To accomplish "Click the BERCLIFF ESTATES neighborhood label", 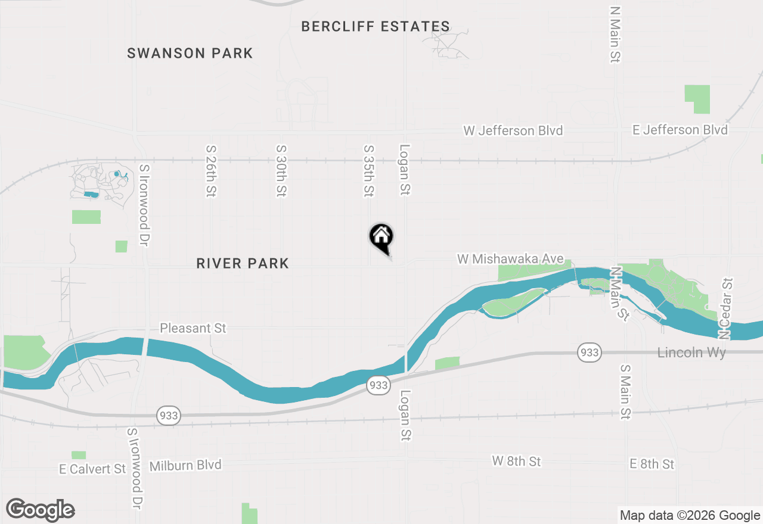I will (x=376, y=27).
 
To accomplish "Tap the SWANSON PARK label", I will (x=190, y=54).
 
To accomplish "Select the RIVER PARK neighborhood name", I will (x=243, y=263).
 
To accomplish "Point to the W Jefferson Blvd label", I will (x=513, y=130).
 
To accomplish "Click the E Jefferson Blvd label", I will (x=680, y=130).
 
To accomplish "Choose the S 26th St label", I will (x=210, y=171).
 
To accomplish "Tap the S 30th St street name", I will (x=281, y=171).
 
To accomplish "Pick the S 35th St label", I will (x=369, y=171).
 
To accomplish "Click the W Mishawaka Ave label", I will (x=510, y=259).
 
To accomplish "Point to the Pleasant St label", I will (x=193, y=328).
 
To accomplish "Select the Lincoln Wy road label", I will (x=691, y=353).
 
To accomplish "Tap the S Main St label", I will (x=625, y=392).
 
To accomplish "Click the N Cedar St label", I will (x=725, y=308).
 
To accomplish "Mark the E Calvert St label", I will (x=92, y=469).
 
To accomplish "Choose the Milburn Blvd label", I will (x=185, y=465).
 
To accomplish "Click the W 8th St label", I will (x=516, y=461).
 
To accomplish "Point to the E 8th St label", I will (x=652, y=464).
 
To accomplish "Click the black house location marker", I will (x=381, y=238).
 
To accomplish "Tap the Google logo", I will (x=40, y=510).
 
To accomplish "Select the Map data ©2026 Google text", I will (x=690, y=516).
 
